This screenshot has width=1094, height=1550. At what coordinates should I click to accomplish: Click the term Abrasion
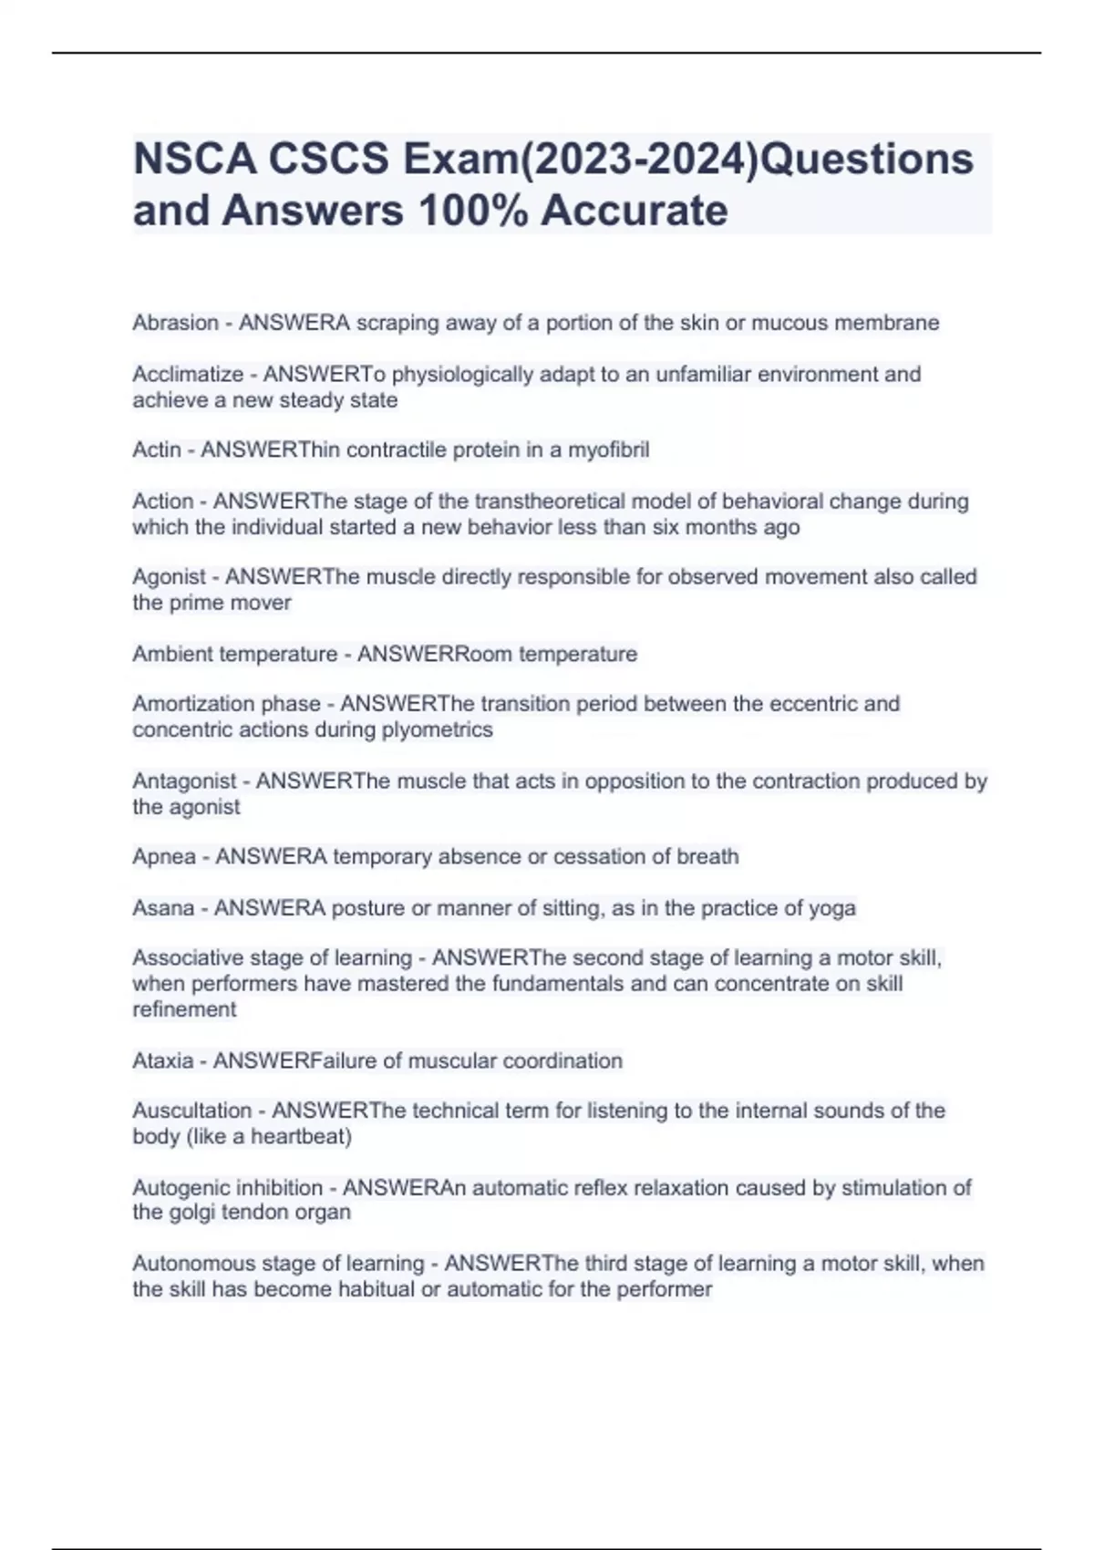coord(175,323)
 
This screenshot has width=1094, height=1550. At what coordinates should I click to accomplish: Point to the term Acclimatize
coord(188,374)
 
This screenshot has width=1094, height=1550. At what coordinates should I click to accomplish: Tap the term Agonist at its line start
coord(169,576)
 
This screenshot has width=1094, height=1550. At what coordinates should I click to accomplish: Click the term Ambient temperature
coord(234,654)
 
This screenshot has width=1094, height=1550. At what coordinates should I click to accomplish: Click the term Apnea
coord(163,856)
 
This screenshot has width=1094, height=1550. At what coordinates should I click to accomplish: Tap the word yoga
coord(832,908)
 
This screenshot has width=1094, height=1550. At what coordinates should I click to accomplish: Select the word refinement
coord(184,1009)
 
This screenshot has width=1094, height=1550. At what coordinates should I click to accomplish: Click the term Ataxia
coord(162,1060)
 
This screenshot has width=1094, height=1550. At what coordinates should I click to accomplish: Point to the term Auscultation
coord(191,1111)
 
